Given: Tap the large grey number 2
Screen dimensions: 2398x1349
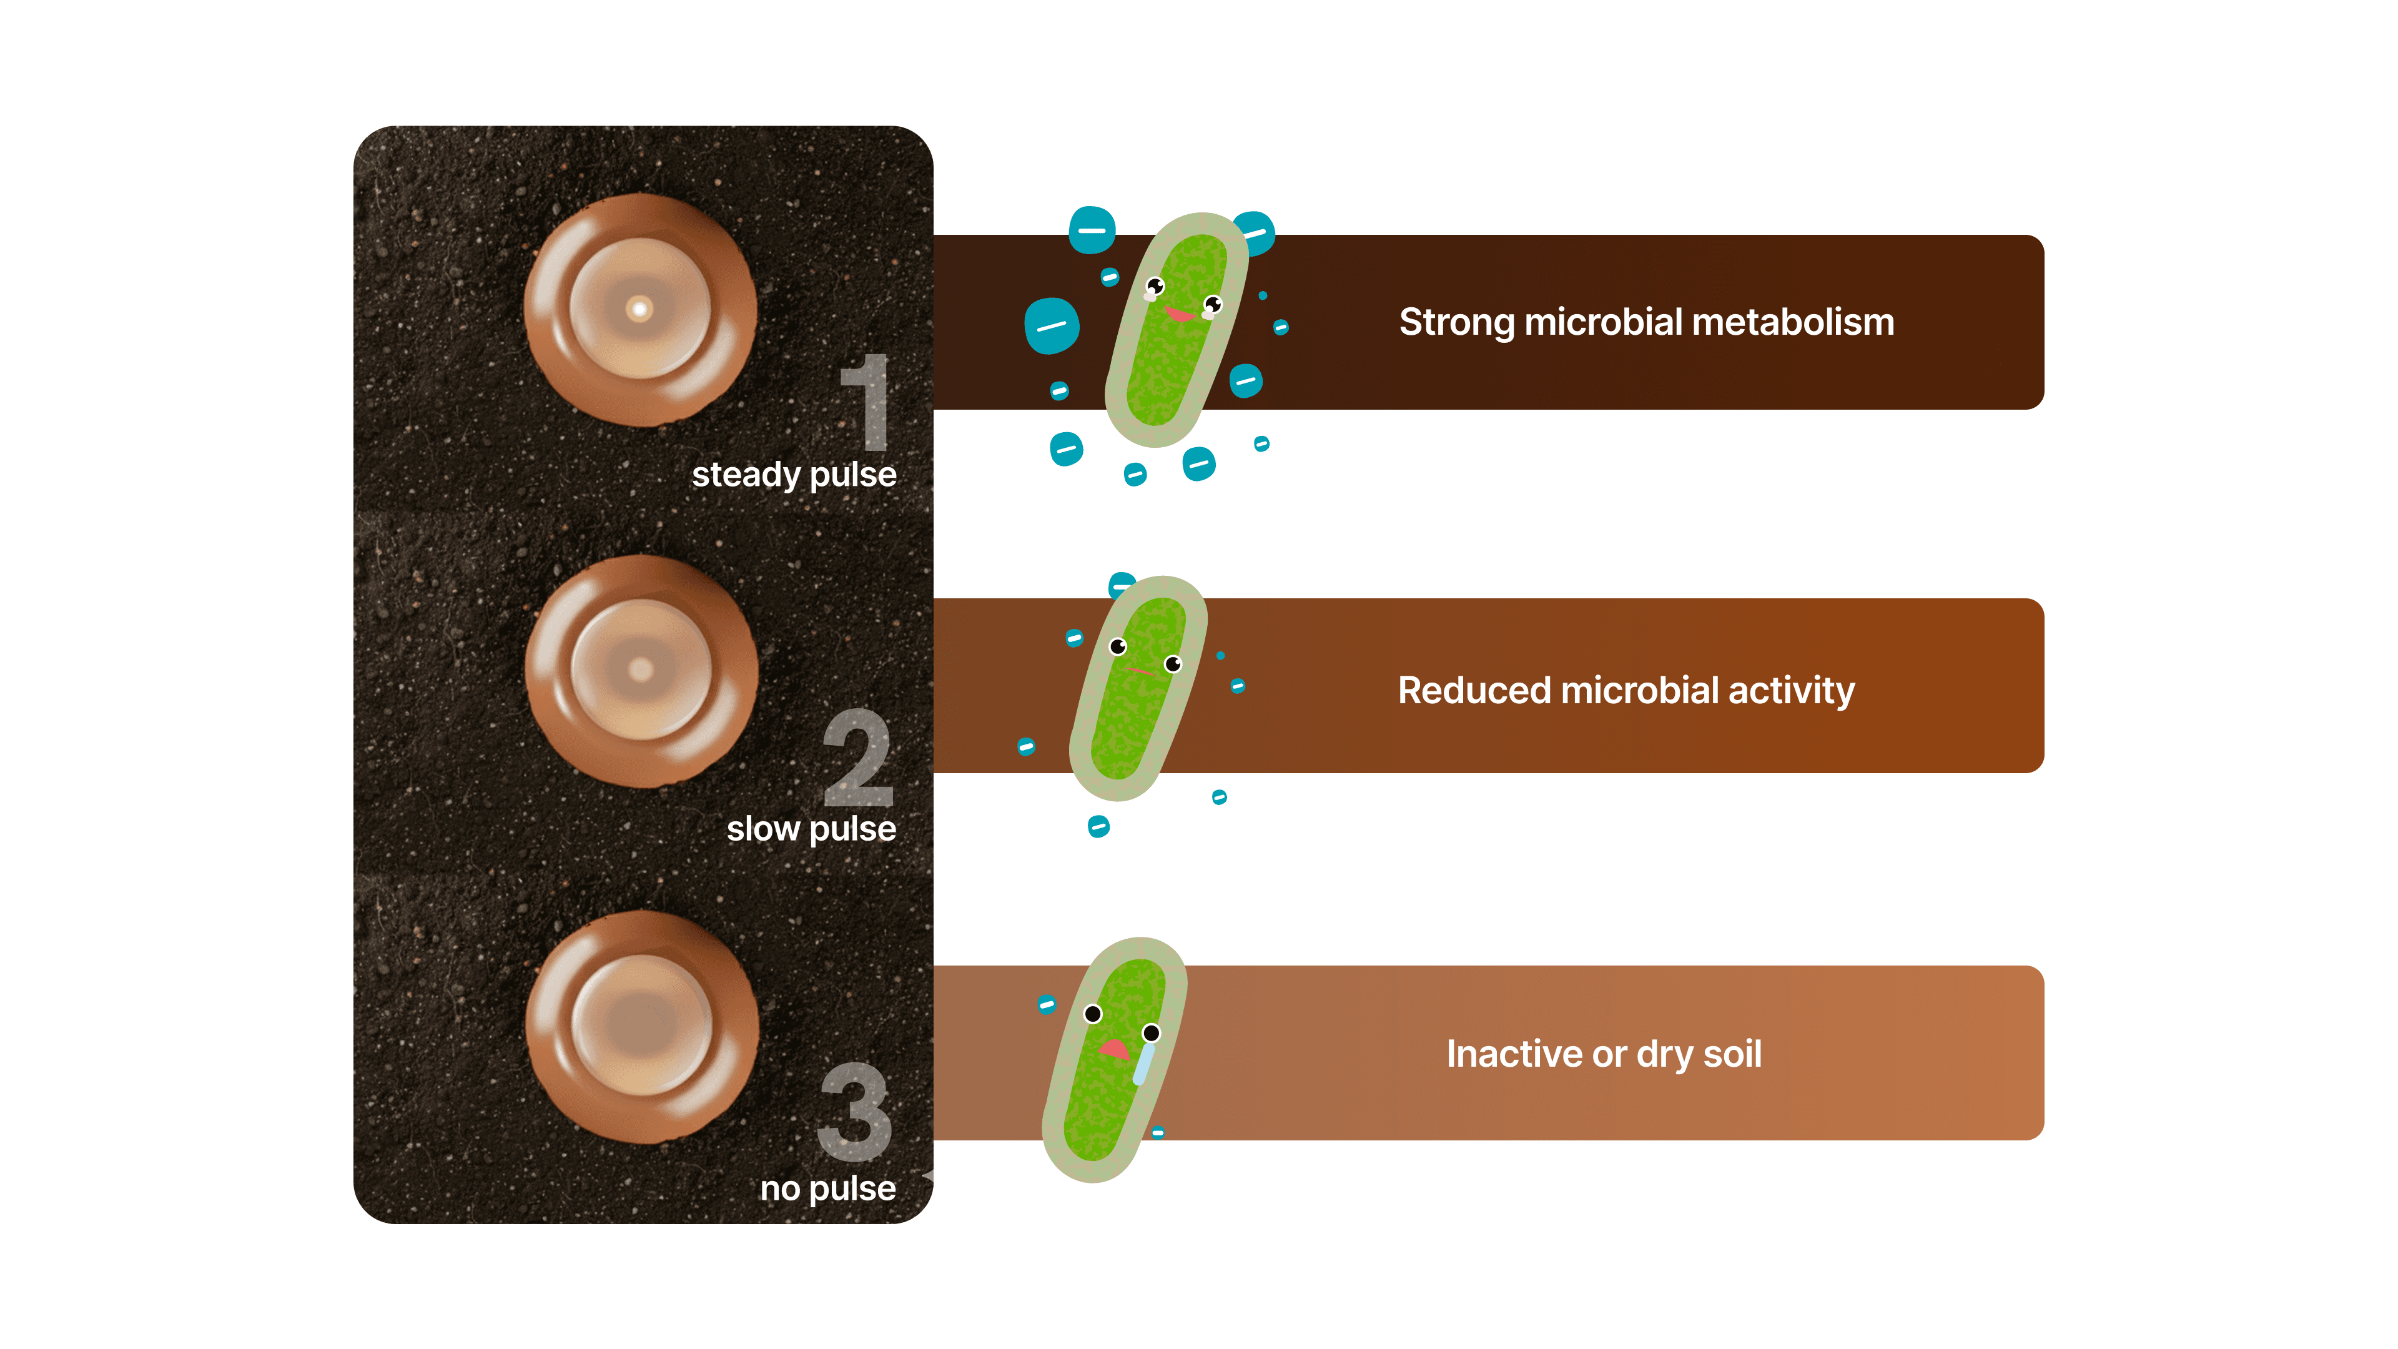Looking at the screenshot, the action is (x=858, y=758).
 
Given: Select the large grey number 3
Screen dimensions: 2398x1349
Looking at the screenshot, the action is (x=854, y=1112).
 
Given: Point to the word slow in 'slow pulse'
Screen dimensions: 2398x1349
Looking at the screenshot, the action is (x=762, y=829).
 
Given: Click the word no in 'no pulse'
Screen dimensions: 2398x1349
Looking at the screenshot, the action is (x=779, y=1189).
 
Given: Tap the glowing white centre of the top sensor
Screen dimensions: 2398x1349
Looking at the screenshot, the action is (x=639, y=308).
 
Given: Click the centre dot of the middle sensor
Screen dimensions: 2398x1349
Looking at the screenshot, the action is (x=641, y=668).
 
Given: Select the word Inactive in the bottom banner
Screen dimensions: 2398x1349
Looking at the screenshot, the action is (x=1514, y=1054).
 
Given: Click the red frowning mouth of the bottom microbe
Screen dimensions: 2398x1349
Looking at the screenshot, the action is (x=1114, y=1049).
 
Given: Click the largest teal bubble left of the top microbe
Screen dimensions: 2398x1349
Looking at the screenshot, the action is (x=1051, y=326).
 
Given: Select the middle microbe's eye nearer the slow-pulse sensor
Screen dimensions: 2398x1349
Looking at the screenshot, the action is (x=1118, y=646).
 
